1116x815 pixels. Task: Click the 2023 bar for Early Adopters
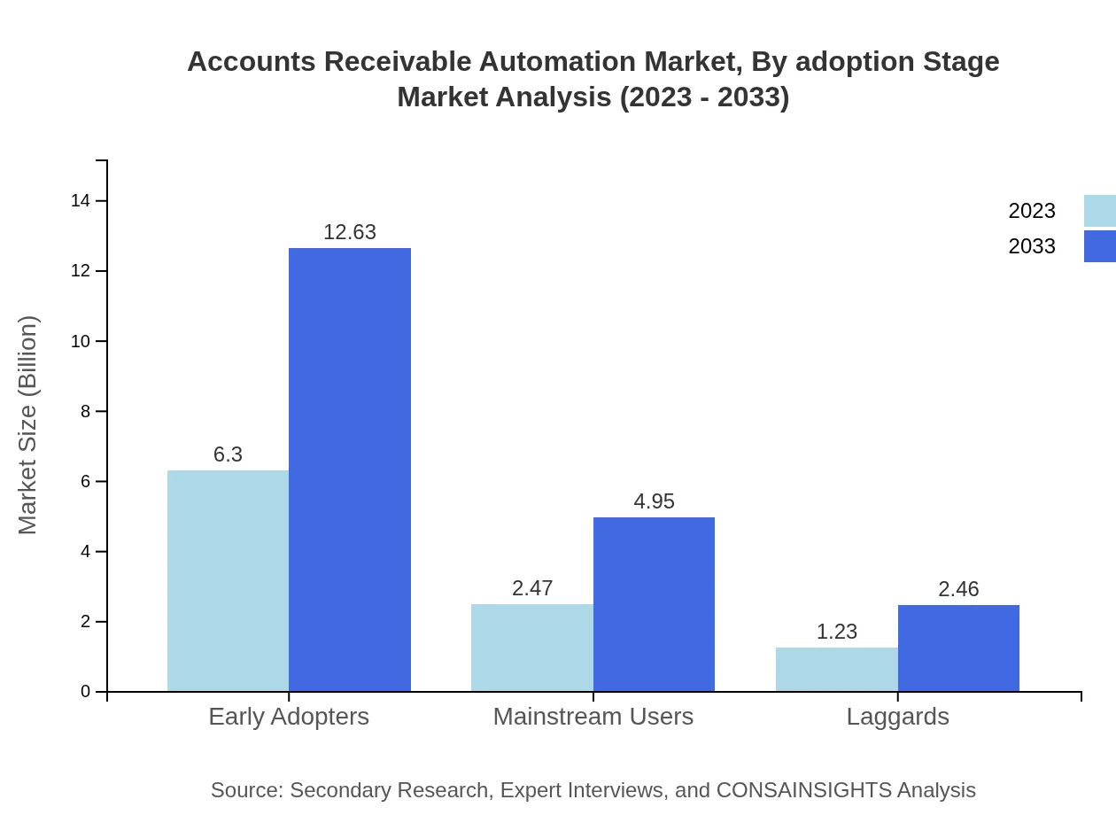pyautogui.click(x=228, y=580)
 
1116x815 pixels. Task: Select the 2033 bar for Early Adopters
pyautogui.click(x=350, y=470)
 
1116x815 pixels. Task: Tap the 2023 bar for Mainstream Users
pyautogui.click(x=532, y=648)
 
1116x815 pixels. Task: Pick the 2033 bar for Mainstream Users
pyautogui.click(x=654, y=604)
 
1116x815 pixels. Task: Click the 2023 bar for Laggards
pyautogui.click(x=837, y=669)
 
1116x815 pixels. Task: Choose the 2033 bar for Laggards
pyautogui.click(x=958, y=648)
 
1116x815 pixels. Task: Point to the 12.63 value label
pyautogui.click(x=350, y=232)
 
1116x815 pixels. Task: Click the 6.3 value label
pyautogui.click(x=228, y=454)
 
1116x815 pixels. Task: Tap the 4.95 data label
pyautogui.click(x=654, y=501)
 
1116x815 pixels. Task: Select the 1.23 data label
pyautogui.click(x=837, y=632)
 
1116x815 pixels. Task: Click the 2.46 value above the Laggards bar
pyautogui.click(x=958, y=589)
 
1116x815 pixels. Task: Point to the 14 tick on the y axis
pyautogui.click(x=81, y=201)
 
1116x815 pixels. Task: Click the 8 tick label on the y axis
pyautogui.click(x=85, y=411)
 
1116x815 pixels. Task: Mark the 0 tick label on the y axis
pyautogui.click(x=85, y=692)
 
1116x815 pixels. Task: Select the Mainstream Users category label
pyautogui.click(x=593, y=717)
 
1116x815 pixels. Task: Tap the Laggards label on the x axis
pyautogui.click(x=897, y=717)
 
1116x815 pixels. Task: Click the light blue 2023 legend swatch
pyautogui.click(x=1100, y=211)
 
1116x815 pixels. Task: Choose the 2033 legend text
pyautogui.click(x=1032, y=246)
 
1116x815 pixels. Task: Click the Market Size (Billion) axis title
pyautogui.click(x=27, y=425)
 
